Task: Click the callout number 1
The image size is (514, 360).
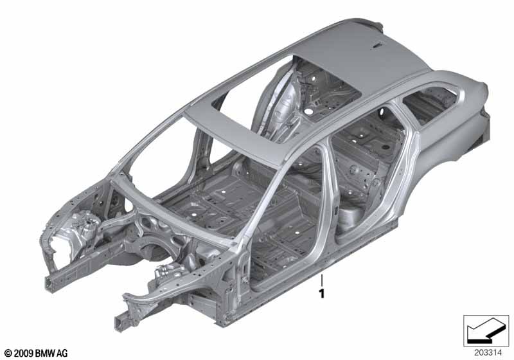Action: click(322, 294)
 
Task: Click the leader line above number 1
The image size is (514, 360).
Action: click(322, 280)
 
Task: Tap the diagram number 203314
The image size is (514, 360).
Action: click(488, 353)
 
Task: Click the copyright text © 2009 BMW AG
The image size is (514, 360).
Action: click(36, 353)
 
